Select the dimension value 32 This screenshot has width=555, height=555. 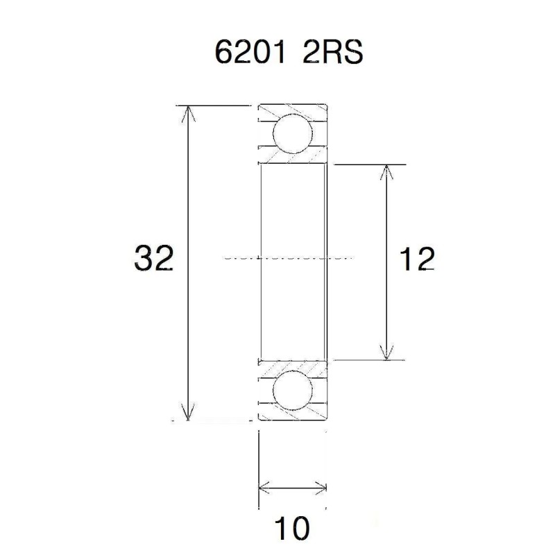(153, 259)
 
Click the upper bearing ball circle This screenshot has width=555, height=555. (291, 134)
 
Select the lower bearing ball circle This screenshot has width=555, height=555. (291, 391)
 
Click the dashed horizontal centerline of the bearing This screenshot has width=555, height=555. (291, 257)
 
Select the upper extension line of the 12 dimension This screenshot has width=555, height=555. (368, 164)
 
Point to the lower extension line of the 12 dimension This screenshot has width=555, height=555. (368, 360)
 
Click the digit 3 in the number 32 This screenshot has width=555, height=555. (144, 259)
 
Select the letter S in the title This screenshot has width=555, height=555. (352, 53)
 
